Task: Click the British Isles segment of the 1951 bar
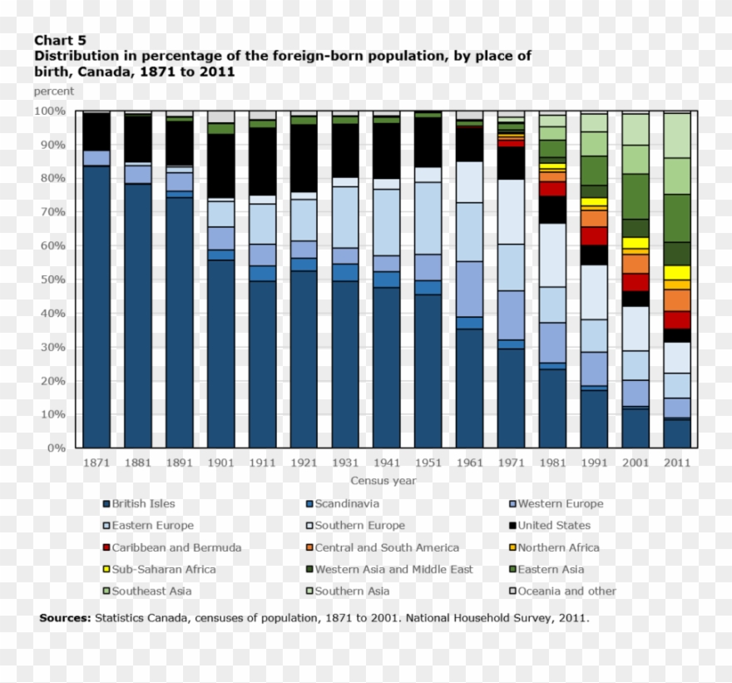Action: click(x=428, y=370)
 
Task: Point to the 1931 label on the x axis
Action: click(x=344, y=463)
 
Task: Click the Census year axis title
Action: click(x=383, y=480)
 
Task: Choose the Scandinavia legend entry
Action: click(x=346, y=503)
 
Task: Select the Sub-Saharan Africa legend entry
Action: click(x=163, y=569)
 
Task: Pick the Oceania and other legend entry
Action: click(x=566, y=591)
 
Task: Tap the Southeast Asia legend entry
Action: click(x=151, y=591)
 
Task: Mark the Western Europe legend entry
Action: click(x=560, y=503)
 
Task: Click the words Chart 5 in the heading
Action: click(x=60, y=40)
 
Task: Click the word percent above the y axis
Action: click(x=53, y=92)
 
